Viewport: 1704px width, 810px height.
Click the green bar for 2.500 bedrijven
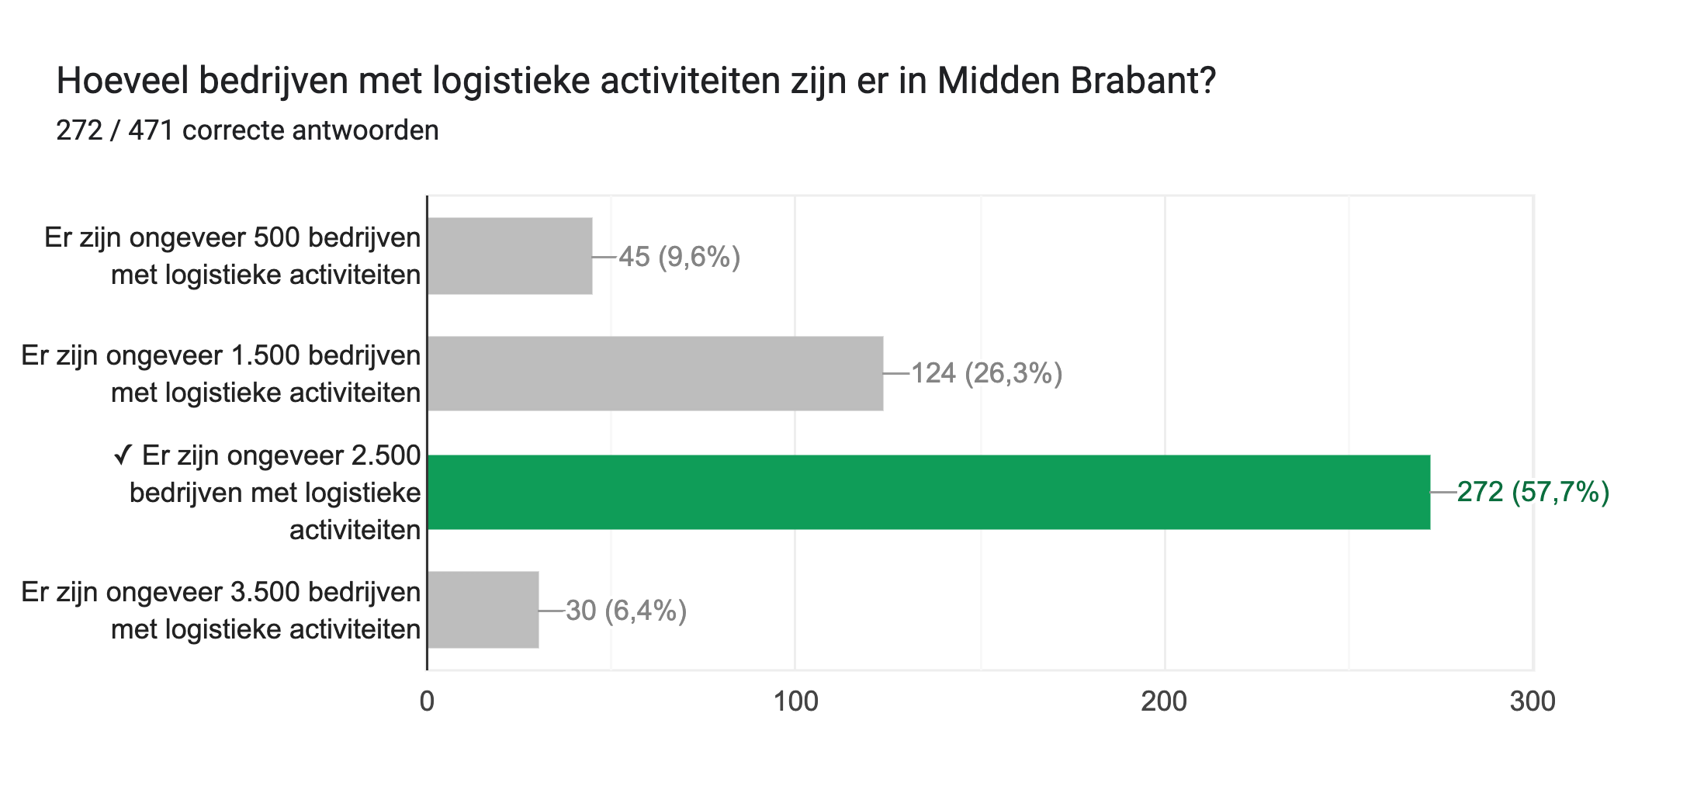click(x=928, y=492)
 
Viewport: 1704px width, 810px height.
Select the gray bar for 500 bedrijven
click(x=510, y=256)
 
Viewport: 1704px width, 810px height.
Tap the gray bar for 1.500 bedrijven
click(x=655, y=373)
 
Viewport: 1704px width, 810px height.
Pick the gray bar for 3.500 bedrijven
click(x=483, y=610)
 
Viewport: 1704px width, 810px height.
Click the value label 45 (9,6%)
click(x=679, y=257)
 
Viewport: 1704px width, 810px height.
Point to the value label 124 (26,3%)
click(x=986, y=374)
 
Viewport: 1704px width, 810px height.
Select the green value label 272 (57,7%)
click(x=1533, y=492)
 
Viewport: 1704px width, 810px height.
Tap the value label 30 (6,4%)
click(x=626, y=611)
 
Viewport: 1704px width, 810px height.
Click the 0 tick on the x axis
click(x=427, y=701)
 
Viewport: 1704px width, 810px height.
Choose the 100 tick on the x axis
click(x=796, y=701)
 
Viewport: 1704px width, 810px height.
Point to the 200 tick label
click(x=1164, y=701)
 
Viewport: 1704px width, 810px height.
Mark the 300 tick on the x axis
click(x=1533, y=701)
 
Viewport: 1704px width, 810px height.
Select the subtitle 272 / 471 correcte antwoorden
click(x=248, y=130)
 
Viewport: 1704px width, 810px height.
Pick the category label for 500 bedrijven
click(x=232, y=256)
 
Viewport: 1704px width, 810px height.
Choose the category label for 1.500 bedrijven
click(x=221, y=374)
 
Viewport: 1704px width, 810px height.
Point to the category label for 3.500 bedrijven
click(x=221, y=611)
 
